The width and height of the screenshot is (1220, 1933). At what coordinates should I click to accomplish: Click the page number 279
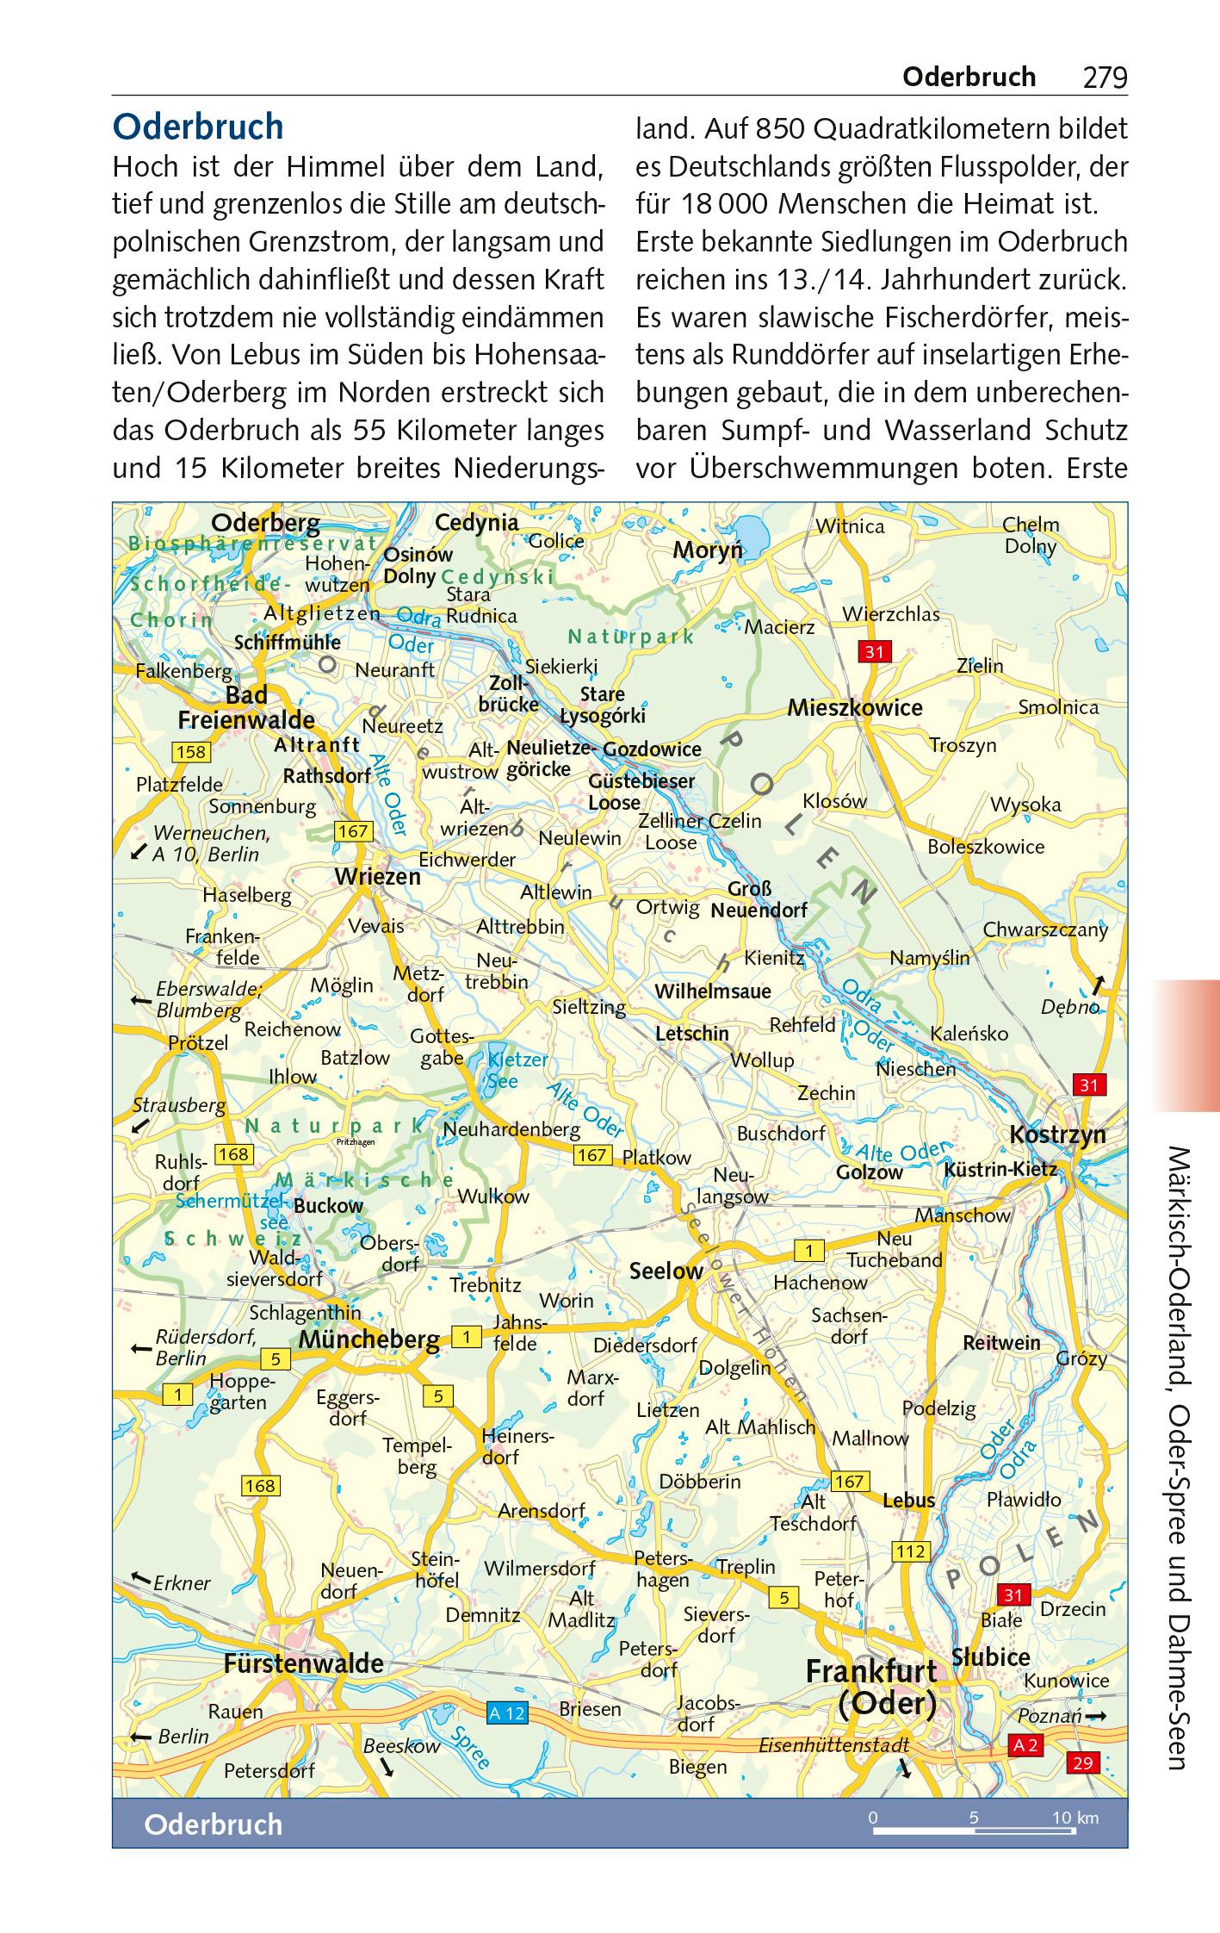point(1105,78)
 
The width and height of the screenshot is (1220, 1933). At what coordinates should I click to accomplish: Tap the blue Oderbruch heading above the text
point(198,127)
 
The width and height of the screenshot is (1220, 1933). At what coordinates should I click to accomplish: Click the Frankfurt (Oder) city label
point(871,1687)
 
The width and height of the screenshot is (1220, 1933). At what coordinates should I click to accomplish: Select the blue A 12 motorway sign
point(506,1713)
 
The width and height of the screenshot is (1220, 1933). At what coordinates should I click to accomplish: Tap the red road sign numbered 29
point(1082,1762)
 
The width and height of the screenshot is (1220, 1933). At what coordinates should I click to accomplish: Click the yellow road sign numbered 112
point(910,1551)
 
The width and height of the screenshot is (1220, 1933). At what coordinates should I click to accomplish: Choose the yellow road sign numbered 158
point(190,752)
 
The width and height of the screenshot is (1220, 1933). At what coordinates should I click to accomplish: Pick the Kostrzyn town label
point(1057,1134)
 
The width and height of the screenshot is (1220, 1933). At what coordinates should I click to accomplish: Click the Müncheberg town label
point(369,1339)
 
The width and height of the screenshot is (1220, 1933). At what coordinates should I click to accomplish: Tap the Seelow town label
point(666,1271)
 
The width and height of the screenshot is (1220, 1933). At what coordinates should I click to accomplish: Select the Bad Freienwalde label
point(246,707)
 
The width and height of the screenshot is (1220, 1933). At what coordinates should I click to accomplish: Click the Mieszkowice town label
point(854,708)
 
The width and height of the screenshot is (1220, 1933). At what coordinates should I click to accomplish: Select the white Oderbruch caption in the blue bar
point(213,1824)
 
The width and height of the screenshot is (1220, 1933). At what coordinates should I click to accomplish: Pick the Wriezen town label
point(377,877)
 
